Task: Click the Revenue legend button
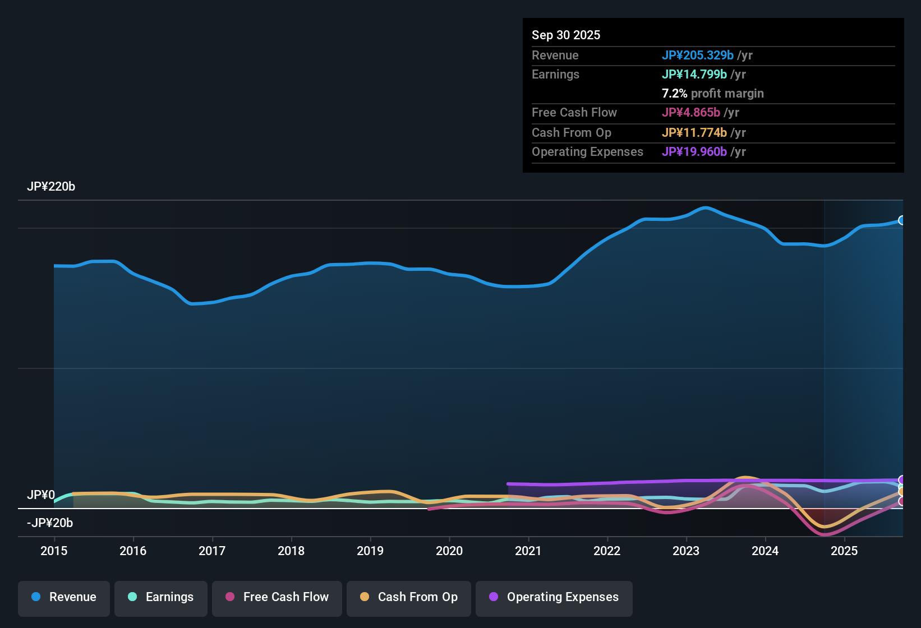click(64, 597)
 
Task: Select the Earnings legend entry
click(161, 597)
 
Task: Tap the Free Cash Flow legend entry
click(277, 597)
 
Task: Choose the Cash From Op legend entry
click(409, 597)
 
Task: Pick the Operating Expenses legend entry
click(554, 597)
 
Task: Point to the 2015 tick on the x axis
click(54, 551)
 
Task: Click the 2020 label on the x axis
click(449, 551)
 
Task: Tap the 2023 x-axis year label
click(686, 551)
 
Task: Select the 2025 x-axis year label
click(844, 551)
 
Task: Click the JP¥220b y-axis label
click(51, 187)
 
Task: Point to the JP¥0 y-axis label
click(41, 495)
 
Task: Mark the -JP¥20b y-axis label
click(50, 523)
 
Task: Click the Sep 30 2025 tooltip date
click(566, 35)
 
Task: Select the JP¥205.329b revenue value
click(697, 55)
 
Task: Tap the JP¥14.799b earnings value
click(694, 74)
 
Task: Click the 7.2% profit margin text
click(712, 93)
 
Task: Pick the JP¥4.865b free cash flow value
click(690, 112)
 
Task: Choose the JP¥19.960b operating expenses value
click(694, 151)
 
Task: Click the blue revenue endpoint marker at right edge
click(901, 220)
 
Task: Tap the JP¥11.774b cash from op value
click(694, 132)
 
